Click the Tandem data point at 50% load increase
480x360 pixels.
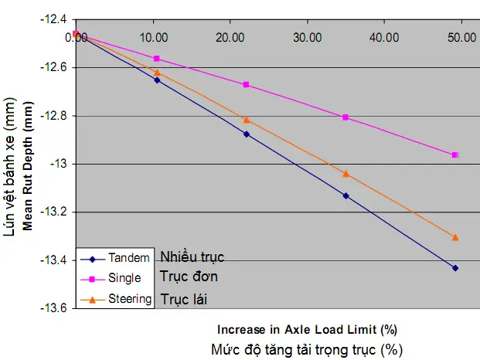pyautogui.click(x=455, y=268)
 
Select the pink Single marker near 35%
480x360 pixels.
pyautogui.click(x=346, y=117)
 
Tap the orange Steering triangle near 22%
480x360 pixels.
pyautogui.click(x=247, y=120)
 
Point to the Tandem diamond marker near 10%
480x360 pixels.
pyautogui.click(x=157, y=80)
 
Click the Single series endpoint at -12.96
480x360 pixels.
pyautogui.click(x=455, y=155)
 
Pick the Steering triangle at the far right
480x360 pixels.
pyautogui.click(x=455, y=237)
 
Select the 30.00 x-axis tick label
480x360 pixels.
pyautogui.click(x=308, y=37)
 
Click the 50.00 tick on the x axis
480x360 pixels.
pyautogui.click(x=462, y=37)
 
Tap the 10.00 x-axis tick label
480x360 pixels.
pyautogui.click(x=157, y=37)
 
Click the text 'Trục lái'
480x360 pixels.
pyautogui.click(x=184, y=297)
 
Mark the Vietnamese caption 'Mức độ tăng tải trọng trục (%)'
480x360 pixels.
pyautogui.click(x=306, y=348)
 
